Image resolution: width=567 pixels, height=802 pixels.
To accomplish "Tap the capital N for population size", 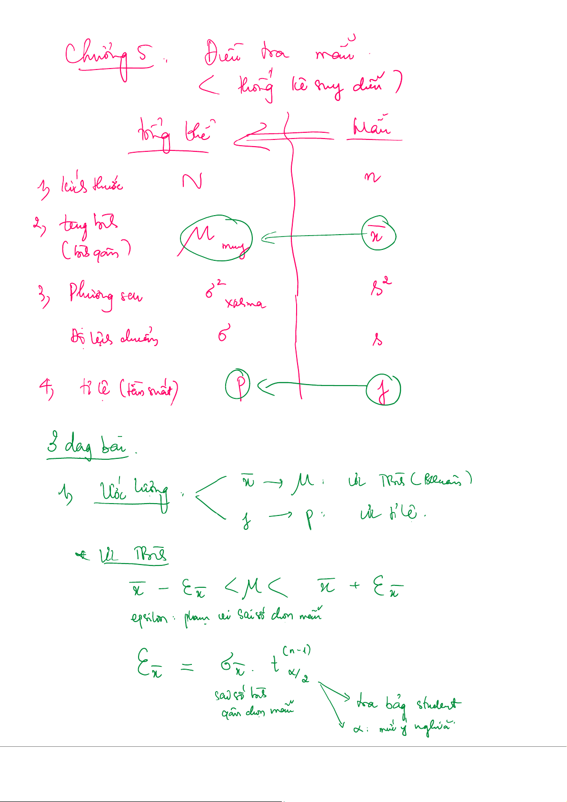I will click(x=192, y=181).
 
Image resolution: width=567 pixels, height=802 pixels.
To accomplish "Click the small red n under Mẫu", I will click(x=372, y=178).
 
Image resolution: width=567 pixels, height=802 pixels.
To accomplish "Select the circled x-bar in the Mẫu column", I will click(x=378, y=234).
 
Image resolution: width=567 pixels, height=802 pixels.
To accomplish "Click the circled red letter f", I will click(x=383, y=390).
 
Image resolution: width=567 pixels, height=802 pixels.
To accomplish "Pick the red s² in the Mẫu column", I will click(x=381, y=287).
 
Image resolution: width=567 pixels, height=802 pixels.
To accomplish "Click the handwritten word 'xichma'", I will click(x=246, y=303).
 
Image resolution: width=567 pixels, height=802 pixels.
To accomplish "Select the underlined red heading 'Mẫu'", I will click(x=372, y=127).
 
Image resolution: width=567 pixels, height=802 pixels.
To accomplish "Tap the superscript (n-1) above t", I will click(x=297, y=650).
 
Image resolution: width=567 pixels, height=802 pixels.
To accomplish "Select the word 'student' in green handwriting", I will click(x=438, y=703).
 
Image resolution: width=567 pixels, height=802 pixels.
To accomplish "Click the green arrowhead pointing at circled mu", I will click(x=268, y=238).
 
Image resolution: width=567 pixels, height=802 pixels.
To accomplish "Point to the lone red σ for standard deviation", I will click(x=224, y=333).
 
